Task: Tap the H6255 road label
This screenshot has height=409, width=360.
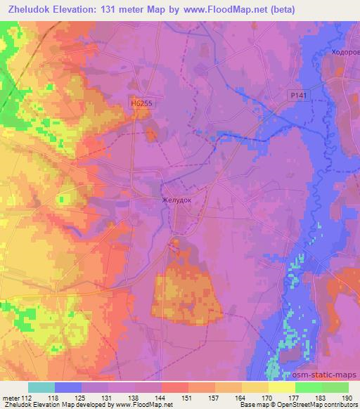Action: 142,103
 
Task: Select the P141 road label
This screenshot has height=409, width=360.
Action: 299,95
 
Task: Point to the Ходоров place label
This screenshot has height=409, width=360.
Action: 345,52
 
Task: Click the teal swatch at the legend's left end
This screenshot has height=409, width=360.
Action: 41,387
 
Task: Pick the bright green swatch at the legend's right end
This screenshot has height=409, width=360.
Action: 335,387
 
